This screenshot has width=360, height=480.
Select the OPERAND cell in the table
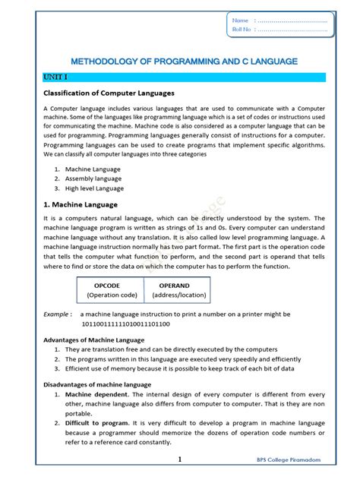(x=178, y=285)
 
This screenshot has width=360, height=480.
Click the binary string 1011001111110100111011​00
(x=130, y=324)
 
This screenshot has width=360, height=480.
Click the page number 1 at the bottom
(x=180, y=459)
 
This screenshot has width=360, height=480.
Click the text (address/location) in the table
(x=178, y=295)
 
